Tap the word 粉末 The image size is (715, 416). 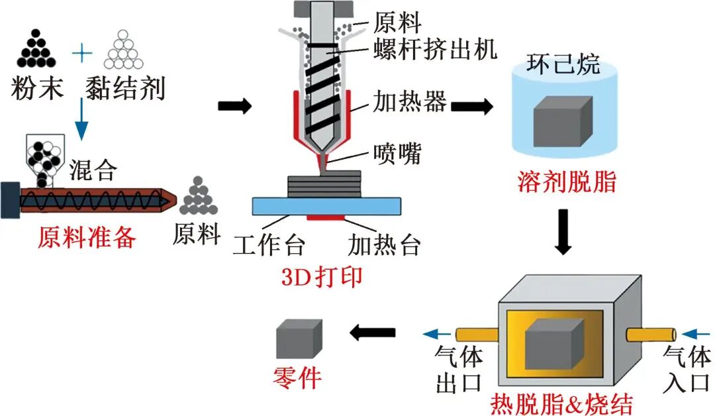click(38, 87)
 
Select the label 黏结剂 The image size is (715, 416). click(125, 87)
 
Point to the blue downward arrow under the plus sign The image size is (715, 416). click(81, 119)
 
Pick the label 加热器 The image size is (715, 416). click(410, 103)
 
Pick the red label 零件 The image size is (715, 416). click(297, 378)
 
